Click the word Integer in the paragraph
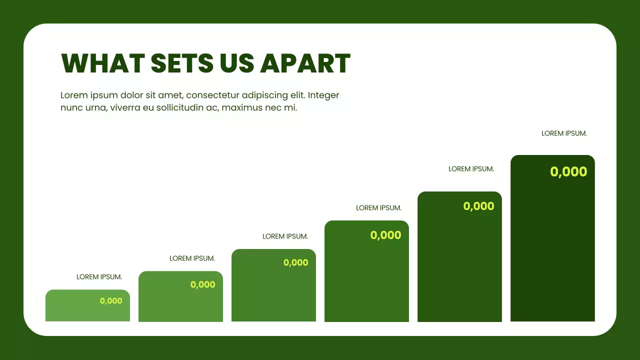[x=324, y=95]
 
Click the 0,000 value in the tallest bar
[x=568, y=172]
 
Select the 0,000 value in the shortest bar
[x=111, y=301]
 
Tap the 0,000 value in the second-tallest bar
[x=478, y=206]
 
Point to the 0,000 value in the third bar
[x=295, y=262]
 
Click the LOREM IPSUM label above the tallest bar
[x=564, y=133]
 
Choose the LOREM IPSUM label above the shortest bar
[x=99, y=277]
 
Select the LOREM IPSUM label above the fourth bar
[x=378, y=208]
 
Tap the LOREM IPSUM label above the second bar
[x=192, y=258]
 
